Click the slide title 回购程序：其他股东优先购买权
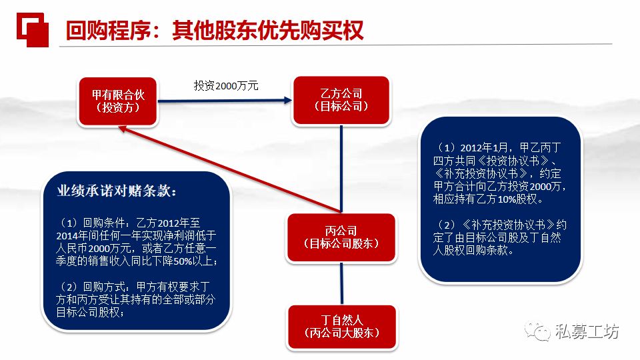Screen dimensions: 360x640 (x=215, y=29)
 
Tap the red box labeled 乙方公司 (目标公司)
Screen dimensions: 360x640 (x=341, y=100)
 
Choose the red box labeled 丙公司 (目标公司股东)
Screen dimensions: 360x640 (x=342, y=237)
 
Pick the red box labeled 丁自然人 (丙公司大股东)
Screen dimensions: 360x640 (x=342, y=326)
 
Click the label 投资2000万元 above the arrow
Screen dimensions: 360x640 (x=226, y=85)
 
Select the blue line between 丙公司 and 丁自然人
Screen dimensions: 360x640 (x=342, y=283)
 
